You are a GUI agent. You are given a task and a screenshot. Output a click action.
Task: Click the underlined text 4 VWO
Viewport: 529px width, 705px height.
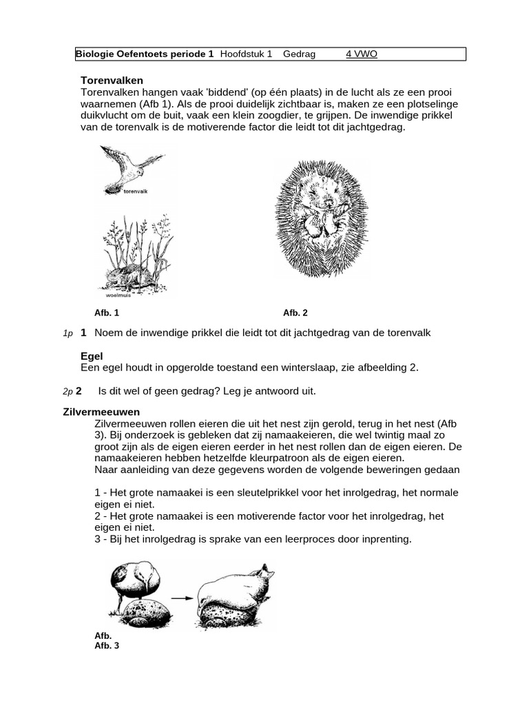click(362, 54)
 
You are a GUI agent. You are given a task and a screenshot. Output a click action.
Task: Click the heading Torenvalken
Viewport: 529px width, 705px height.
click(112, 81)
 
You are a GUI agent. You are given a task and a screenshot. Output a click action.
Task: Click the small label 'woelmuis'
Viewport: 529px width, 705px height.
click(118, 294)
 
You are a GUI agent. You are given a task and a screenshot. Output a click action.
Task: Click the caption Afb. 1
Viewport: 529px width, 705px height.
click(107, 313)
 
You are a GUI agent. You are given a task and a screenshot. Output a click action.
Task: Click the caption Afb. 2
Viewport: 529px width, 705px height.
click(295, 313)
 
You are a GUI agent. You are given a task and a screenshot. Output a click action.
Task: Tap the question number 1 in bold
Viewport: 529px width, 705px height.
click(83, 333)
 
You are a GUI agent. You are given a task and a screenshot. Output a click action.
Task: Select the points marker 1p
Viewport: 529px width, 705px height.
click(68, 333)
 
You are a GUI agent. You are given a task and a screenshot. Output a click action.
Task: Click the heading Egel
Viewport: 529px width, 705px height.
click(92, 356)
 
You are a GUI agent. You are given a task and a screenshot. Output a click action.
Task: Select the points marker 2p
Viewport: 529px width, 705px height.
click(68, 391)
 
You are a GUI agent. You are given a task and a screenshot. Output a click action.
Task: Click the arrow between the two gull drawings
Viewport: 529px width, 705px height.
click(181, 598)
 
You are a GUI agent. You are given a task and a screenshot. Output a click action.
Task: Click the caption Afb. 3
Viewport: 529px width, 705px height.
click(107, 646)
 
